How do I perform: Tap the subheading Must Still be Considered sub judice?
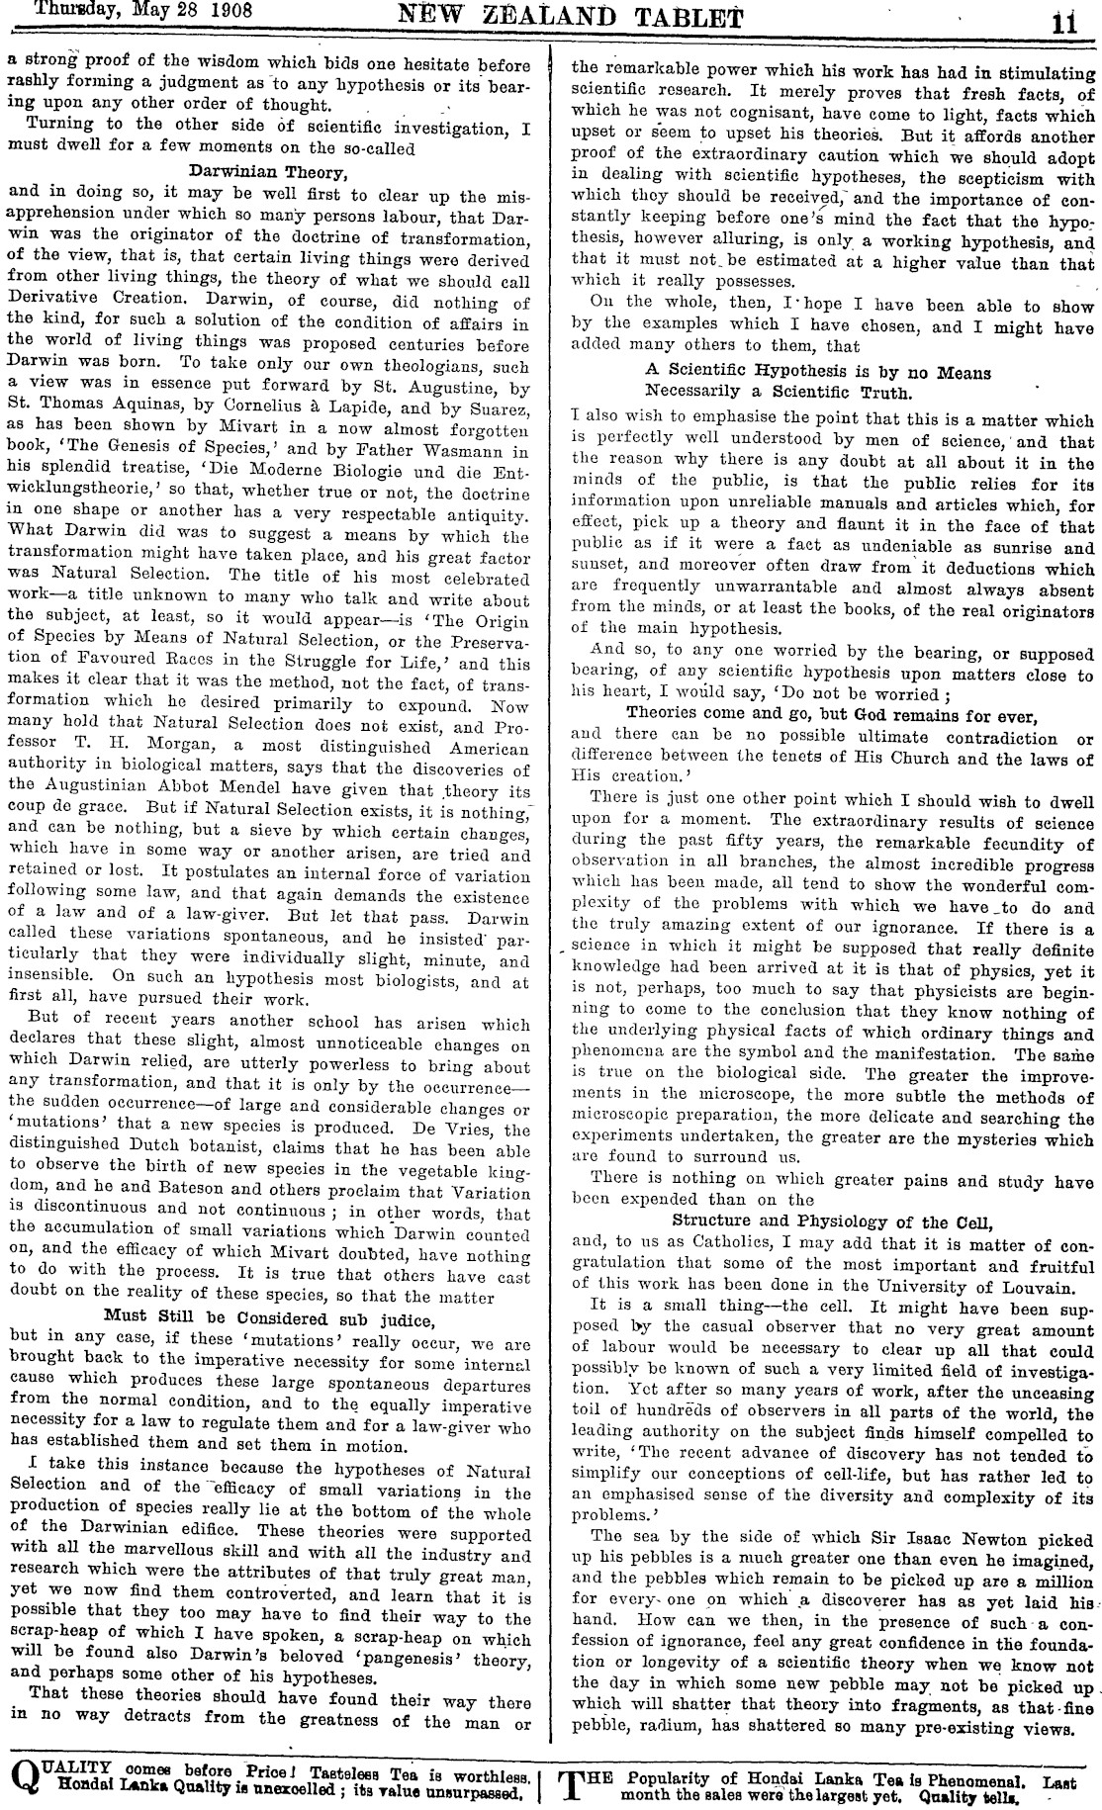click(x=270, y=1318)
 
